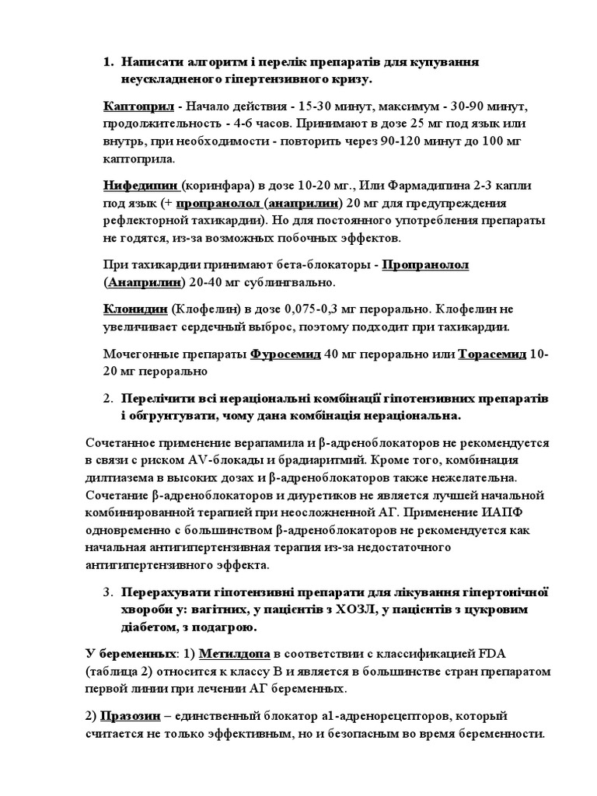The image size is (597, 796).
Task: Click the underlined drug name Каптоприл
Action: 137,106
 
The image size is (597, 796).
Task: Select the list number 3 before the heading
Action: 108,592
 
